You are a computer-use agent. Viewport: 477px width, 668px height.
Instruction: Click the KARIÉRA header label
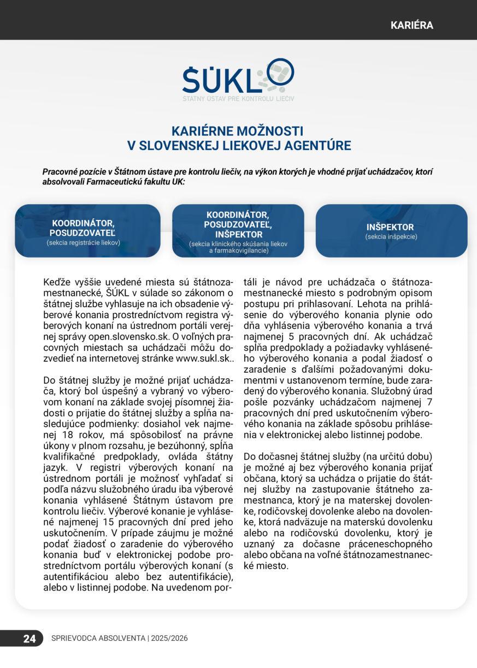click(x=411, y=26)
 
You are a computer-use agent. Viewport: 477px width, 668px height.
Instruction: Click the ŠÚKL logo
click(x=238, y=81)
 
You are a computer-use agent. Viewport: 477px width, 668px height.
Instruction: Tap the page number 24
click(x=30, y=639)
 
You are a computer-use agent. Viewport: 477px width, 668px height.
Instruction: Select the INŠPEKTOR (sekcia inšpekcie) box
click(x=391, y=231)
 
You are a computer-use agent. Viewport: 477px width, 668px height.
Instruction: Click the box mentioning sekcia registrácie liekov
click(x=87, y=231)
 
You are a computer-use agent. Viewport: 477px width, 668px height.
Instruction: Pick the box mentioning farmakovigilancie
click(x=238, y=231)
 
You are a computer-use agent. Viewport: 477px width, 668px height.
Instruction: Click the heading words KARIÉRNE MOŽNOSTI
click(x=237, y=132)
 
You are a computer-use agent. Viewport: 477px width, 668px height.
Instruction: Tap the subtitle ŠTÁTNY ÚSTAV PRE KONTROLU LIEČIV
click(x=238, y=99)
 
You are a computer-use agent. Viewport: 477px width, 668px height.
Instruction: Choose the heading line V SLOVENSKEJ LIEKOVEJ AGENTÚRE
click(x=239, y=146)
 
